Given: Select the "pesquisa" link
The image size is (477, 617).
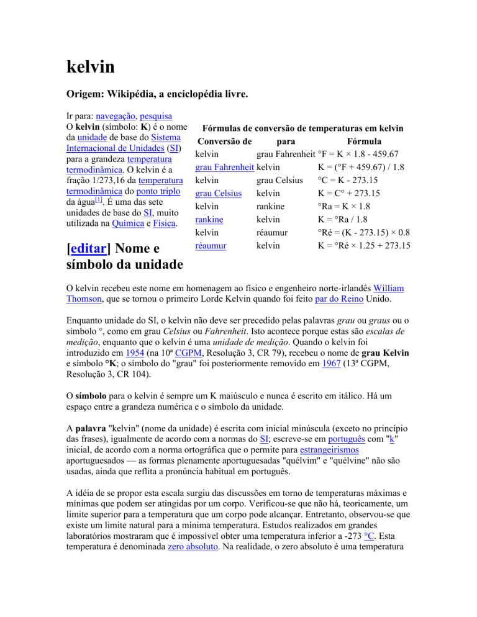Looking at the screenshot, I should pos(155,115).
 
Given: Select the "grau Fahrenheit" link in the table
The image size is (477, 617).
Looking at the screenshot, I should pos(224,168).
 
